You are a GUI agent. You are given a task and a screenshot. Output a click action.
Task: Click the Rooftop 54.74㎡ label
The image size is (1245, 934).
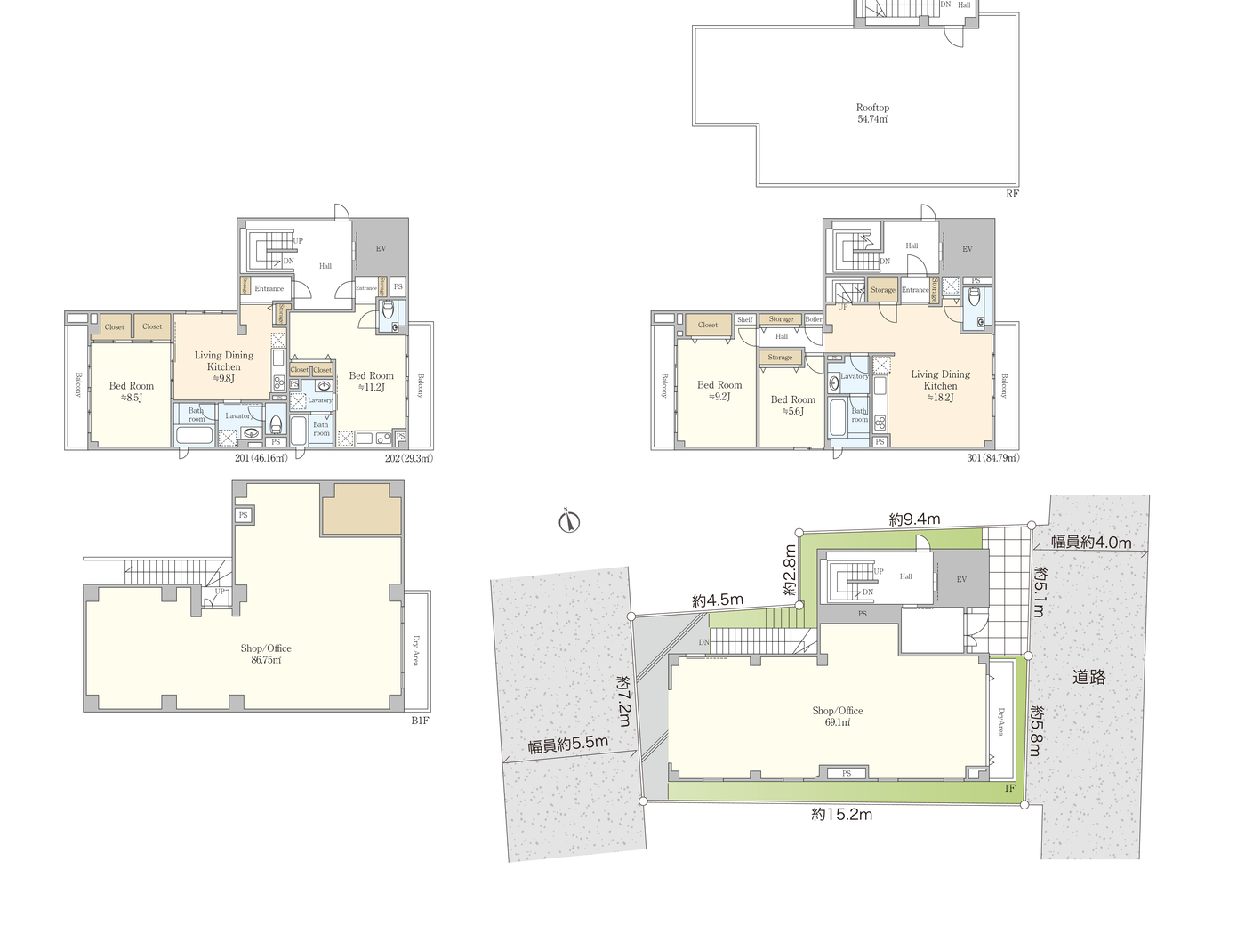(872, 113)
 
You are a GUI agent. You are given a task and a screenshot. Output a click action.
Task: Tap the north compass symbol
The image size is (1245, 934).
(569, 521)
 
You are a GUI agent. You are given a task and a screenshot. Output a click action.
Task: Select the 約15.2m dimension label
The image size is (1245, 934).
(841, 814)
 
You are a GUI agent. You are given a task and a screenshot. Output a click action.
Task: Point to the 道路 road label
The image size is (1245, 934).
(1088, 677)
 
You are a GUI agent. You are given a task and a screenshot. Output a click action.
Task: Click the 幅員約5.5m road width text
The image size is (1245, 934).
(568, 745)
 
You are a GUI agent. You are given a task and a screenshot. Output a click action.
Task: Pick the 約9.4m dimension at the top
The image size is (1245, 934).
(914, 519)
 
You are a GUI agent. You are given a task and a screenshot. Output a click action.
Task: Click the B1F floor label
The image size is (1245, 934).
(420, 721)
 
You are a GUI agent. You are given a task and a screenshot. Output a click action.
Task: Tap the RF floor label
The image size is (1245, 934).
(1012, 194)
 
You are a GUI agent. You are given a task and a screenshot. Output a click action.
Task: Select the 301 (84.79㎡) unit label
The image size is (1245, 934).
(992, 458)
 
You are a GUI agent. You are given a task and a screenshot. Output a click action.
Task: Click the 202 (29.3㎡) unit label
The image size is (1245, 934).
(408, 458)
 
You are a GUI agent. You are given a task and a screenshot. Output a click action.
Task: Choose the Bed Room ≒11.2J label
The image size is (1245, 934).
(371, 382)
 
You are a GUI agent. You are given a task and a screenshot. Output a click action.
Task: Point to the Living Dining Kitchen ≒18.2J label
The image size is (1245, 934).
(940, 386)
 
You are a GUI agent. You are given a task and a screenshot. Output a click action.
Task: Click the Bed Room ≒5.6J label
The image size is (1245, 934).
(792, 406)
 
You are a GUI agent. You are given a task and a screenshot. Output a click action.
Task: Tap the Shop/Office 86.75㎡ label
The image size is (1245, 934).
(266, 654)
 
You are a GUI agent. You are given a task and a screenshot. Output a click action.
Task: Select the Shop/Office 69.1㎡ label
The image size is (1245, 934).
(837, 716)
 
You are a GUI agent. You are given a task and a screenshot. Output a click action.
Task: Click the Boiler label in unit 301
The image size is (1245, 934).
(814, 319)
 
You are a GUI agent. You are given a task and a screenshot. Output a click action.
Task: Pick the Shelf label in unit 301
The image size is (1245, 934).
(745, 319)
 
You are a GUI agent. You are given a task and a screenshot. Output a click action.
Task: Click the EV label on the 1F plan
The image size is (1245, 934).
(961, 579)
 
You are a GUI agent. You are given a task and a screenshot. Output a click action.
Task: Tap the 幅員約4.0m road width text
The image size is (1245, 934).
(1091, 542)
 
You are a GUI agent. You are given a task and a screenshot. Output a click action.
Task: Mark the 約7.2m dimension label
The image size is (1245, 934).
(624, 700)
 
